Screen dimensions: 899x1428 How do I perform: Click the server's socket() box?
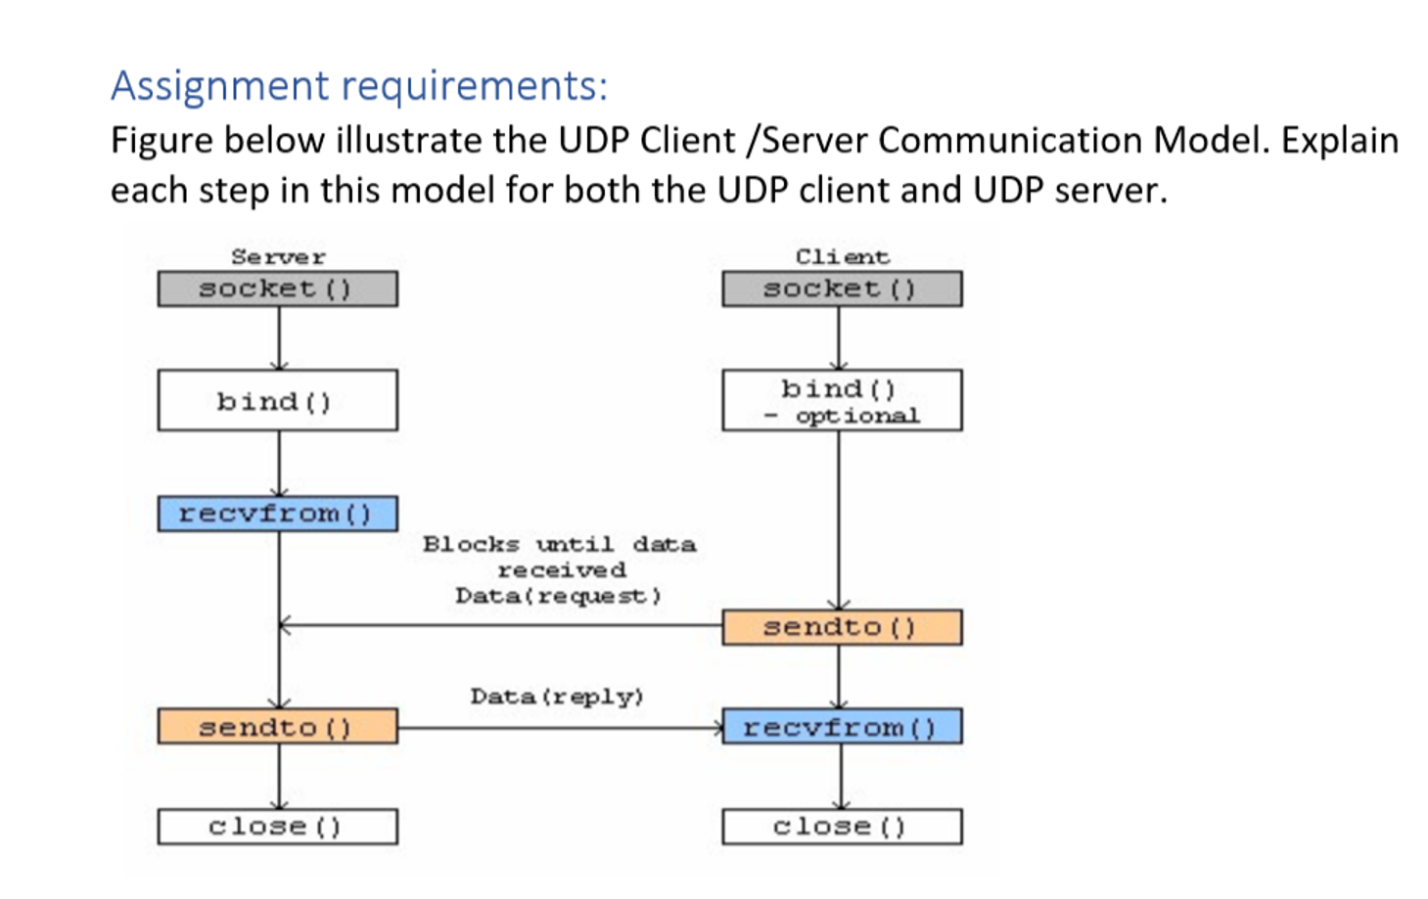(x=277, y=289)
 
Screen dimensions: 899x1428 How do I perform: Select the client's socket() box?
(x=841, y=289)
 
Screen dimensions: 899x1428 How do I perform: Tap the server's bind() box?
(x=277, y=400)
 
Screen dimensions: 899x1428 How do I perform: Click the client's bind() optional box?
(x=841, y=400)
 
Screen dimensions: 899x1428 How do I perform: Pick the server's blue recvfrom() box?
(x=277, y=514)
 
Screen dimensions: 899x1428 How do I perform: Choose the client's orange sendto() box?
(x=841, y=627)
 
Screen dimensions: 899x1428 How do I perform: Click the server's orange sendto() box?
(x=277, y=727)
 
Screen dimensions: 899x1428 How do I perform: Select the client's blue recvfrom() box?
(x=841, y=727)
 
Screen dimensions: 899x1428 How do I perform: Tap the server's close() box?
(x=277, y=827)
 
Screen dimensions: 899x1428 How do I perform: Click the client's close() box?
(x=841, y=827)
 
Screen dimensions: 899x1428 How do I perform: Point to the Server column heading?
(x=278, y=256)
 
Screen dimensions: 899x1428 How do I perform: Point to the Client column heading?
(x=842, y=256)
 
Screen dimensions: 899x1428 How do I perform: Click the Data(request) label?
(x=558, y=596)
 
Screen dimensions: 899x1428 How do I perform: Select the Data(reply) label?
(x=556, y=697)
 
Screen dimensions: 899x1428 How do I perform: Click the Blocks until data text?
(x=559, y=544)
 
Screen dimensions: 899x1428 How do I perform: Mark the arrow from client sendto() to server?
(x=499, y=625)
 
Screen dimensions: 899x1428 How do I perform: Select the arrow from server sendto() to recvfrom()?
(x=558, y=728)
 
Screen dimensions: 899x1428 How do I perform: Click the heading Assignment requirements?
(x=358, y=86)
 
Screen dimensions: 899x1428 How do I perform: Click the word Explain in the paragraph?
(x=1339, y=140)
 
